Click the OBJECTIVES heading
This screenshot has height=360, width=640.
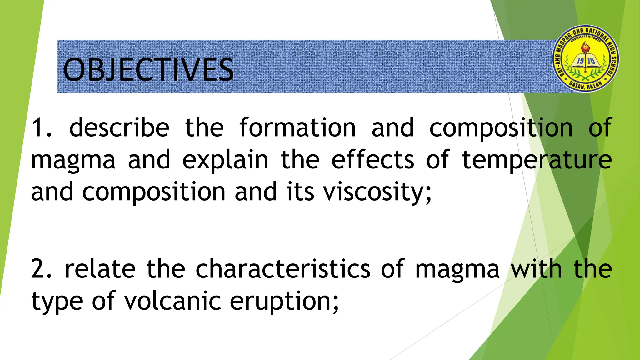(x=148, y=69)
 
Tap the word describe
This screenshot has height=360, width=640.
(x=119, y=127)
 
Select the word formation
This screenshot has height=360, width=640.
(x=297, y=127)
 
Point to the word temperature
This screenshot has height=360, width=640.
(x=537, y=160)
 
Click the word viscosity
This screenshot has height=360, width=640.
(x=377, y=192)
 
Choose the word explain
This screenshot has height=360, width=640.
(x=225, y=160)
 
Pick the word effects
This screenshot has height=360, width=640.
(x=372, y=159)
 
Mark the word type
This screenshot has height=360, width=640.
(x=57, y=301)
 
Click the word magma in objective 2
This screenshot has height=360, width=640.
(x=457, y=269)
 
